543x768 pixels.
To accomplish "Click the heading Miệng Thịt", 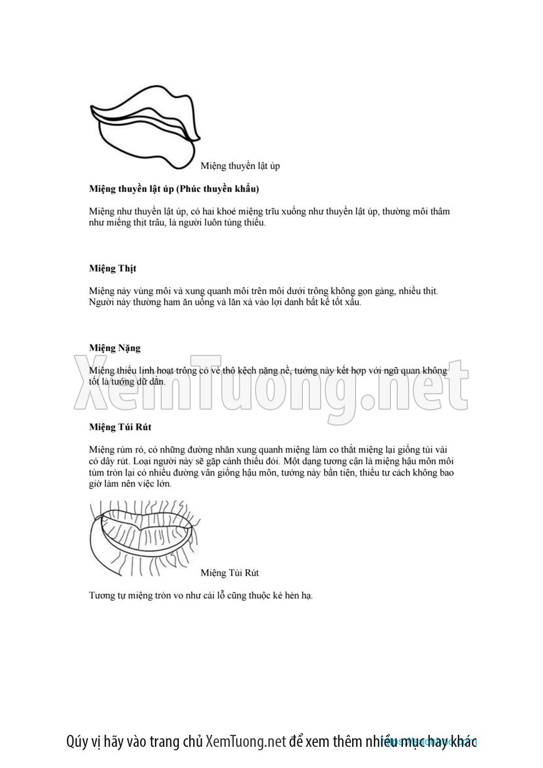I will [113, 268].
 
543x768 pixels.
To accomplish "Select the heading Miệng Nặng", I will [115, 347].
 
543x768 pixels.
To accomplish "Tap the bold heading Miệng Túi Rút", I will [120, 427].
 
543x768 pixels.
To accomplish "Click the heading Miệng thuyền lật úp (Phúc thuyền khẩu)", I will [174, 189].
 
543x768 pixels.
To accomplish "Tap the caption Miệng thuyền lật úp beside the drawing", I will [239, 166].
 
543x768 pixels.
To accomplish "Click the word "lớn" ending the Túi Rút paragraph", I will [162, 483].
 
